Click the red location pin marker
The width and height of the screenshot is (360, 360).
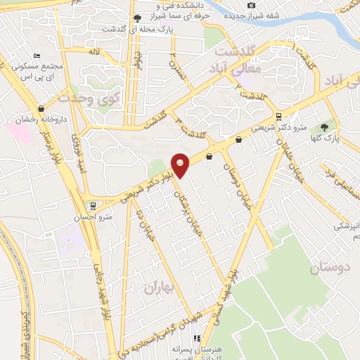[x=181, y=165]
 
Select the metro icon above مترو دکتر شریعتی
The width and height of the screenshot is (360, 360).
[x=279, y=116]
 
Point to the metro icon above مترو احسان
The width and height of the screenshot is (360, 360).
[x=92, y=205]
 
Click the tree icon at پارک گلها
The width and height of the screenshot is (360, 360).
[x=323, y=127]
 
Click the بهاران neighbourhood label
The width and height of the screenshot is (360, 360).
[x=162, y=288]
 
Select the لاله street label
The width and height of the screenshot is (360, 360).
[x=94, y=51]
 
